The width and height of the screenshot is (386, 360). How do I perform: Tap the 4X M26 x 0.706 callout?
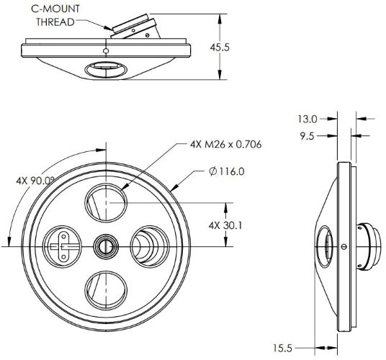pyautogui.click(x=225, y=144)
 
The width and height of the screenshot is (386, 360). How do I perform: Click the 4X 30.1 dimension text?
pyautogui.click(x=224, y=224)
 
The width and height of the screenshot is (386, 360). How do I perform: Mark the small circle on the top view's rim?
pyautogui.click(x=106, y=51)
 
